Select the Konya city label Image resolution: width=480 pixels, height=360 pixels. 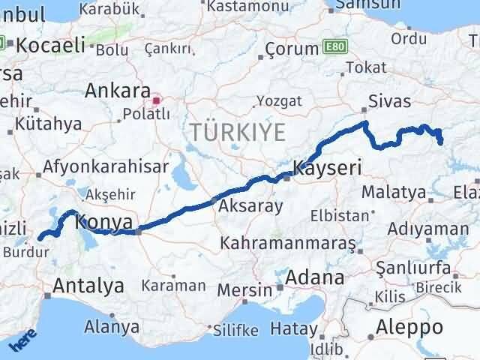point(105,222)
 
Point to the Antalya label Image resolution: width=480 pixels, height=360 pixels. point(88,286)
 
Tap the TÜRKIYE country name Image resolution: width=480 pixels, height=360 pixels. point(237,133)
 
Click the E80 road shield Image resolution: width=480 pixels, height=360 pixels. point(334,47)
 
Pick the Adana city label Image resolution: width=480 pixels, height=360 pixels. point(314,277)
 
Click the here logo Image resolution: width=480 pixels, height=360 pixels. point(22,343)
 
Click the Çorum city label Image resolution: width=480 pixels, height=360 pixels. point(292,49)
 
